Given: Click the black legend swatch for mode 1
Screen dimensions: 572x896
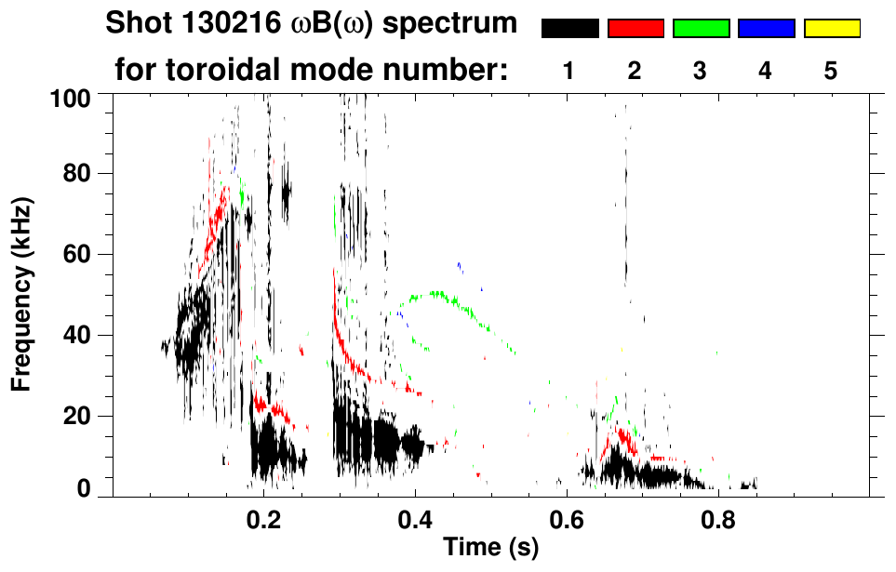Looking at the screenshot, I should pos(569,29).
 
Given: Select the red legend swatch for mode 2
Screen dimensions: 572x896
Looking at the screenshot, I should pos(635,29).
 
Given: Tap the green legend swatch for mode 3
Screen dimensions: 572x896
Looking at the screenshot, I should pos(701,29).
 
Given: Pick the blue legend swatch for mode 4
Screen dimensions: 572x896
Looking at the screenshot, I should pos(766,29).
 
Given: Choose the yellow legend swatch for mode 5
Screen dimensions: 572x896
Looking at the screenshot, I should pos(831,29).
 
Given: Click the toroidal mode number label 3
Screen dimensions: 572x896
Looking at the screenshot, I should pos(700,72).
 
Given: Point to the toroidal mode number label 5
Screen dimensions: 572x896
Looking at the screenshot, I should pos(830,72).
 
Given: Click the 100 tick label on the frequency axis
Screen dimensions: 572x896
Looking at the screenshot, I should pos(72,97).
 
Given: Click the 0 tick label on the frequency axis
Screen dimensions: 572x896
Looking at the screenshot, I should pos(85,489).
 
